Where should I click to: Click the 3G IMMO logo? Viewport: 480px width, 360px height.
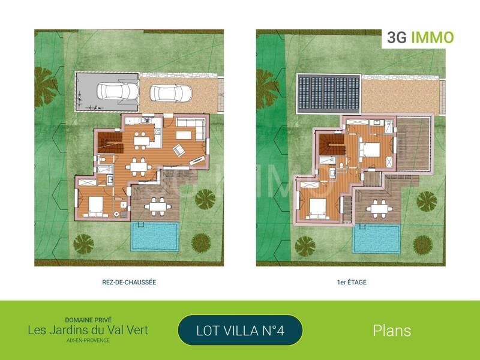point(420,38)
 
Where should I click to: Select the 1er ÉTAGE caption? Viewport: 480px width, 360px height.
point(352,282)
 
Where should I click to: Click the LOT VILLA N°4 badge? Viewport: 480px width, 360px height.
point(240,330)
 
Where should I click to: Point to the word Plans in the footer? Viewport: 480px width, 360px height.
point(392,330)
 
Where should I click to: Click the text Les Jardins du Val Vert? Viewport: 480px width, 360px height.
point(88,329)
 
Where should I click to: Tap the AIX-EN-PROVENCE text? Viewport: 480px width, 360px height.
point(88,340)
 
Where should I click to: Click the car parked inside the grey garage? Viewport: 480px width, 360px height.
point(118,92)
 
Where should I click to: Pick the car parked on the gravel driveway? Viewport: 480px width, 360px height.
point(171,93)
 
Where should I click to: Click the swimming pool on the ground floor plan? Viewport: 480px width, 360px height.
point(155,236)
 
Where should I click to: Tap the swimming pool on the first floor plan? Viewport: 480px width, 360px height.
point(377,238)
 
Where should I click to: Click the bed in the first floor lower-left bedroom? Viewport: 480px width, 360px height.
point(317,207)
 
